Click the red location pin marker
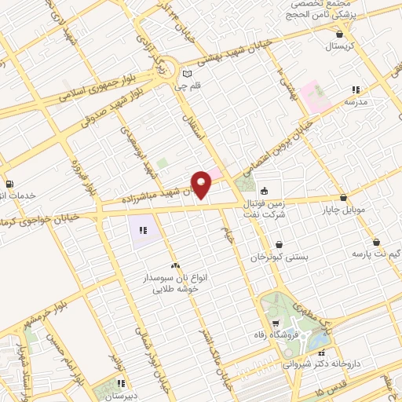tap(202, 184)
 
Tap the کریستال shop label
tap(340, 47)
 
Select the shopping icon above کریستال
tap(339, 34)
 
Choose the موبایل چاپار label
tap(343, 210)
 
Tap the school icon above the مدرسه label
tap(356, 90)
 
